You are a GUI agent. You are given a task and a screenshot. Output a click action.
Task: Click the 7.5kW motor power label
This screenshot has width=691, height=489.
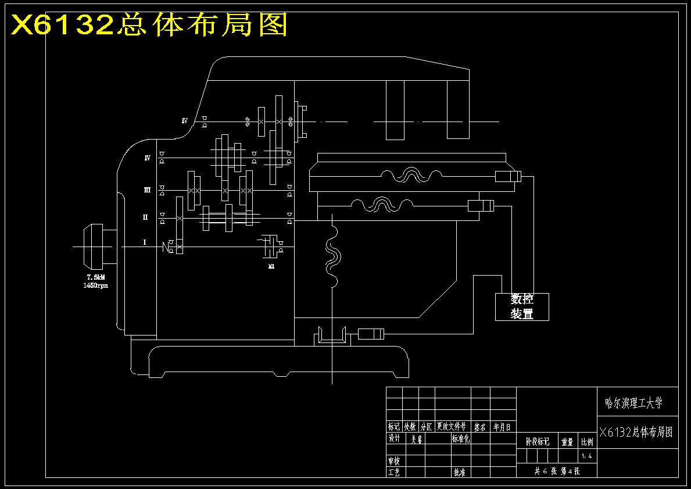click(x=96, y=277)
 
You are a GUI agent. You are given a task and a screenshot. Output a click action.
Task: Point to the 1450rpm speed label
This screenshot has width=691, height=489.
click(x=96, y=285)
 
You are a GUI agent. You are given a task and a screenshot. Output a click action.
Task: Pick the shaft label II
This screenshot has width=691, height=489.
click(x=146, y=217)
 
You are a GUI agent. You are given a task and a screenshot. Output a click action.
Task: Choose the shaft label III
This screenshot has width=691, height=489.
click(x=147, y=190)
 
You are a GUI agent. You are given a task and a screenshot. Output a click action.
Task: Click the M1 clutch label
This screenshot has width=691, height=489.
click(x=271, y=266)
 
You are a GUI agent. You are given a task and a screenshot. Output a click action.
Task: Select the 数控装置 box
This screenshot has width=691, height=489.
click(x=522, y=306)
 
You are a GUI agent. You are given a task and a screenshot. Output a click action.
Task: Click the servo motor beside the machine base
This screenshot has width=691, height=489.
click(x=371, y=334)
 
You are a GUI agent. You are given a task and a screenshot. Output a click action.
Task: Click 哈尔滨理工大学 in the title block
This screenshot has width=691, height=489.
click(x=633, y=402)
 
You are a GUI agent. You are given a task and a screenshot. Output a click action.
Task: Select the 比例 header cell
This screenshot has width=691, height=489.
click(x=587, y=441)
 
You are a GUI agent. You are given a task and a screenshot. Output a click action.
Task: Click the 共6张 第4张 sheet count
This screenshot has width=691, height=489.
click(x=557, y=471)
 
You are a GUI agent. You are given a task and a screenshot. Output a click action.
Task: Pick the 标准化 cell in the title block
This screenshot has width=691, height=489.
click(x=460, y=438)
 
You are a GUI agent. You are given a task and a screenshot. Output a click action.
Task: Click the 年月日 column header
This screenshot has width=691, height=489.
click(x=502, y=426)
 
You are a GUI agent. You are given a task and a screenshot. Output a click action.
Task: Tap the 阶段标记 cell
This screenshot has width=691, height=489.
click(x=537, y=441)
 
